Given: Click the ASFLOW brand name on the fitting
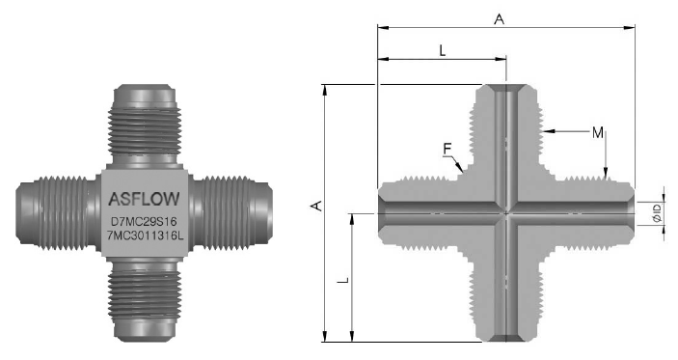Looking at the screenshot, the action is coord(144,199).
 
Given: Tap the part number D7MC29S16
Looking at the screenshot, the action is coord(144,222).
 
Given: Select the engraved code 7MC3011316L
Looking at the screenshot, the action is coord(146,235).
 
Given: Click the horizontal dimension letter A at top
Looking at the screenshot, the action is coord(500,19).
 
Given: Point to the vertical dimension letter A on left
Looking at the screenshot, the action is coord(317,206).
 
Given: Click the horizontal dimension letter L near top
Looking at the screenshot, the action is coord(442,50).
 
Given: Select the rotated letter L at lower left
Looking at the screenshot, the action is coord(343,281).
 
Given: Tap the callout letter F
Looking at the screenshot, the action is coord(447,149).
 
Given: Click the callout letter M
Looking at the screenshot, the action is coord(598,133).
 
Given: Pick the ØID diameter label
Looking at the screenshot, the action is coord(658,213).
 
